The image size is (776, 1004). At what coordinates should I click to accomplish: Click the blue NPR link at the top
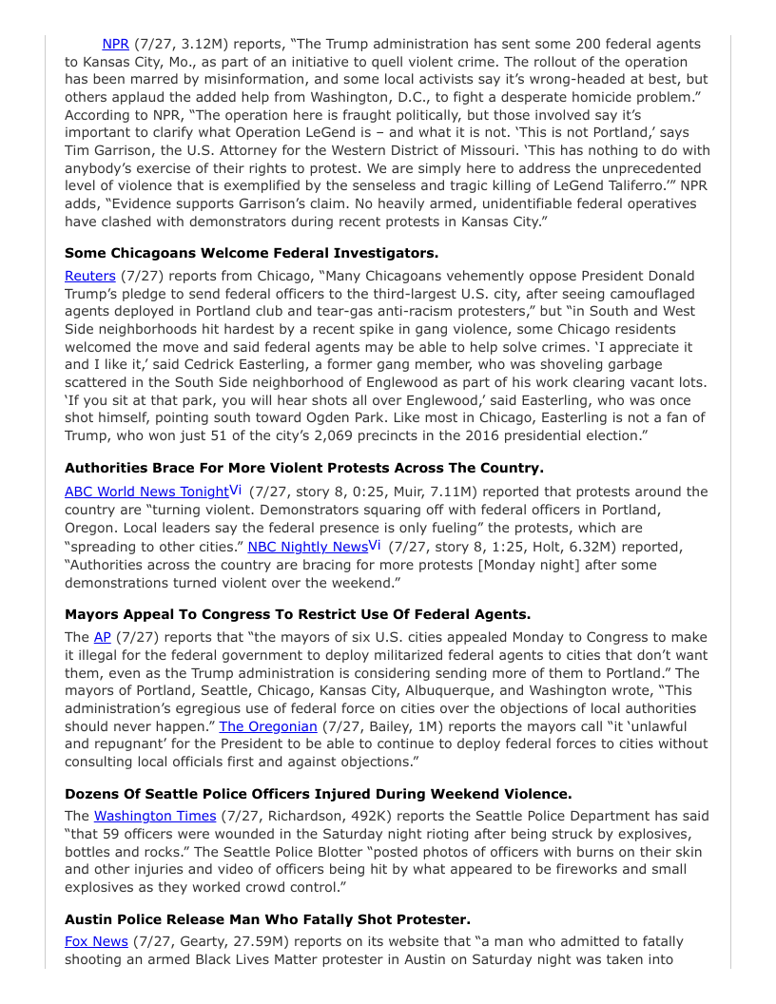pyautogui.click(x=115, y=44)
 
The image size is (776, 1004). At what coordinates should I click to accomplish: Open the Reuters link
pyautogui.click(x=88, y=276)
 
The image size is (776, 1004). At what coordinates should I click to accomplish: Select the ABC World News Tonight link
pyautogui.click(x=146, y=492)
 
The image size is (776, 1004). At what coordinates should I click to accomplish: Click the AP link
pyautogui.click(x=102, y=637)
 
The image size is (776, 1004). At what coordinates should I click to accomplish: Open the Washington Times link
pyautogui.click(x=147, y=816)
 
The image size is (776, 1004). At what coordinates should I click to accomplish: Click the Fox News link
pyautogui.click(x=95, y=941)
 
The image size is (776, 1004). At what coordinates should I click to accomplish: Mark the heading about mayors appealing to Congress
pyautogui.click(x=298, y=614)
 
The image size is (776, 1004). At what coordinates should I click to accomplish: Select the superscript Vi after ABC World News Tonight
pyautogui.click(x=235, y=490)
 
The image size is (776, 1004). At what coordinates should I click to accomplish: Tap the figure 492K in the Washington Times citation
pyautogui.click(x=328, y=816)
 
